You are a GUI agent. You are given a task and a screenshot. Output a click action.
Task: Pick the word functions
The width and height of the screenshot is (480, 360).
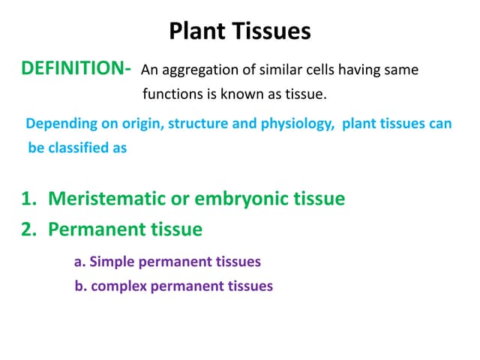click(x=172, y=94)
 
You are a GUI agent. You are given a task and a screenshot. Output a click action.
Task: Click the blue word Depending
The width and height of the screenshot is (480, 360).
click(x=58, y=124)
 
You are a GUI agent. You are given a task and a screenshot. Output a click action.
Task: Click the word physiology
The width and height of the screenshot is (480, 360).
click(x=294, y=124)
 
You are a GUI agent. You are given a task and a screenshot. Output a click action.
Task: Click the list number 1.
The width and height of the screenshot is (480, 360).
click(x=28, y=199)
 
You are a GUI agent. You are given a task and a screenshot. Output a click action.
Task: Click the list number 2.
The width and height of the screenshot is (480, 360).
click(x=28, y=229)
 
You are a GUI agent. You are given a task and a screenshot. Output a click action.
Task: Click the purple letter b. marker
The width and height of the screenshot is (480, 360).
click(x=80, y=286)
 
